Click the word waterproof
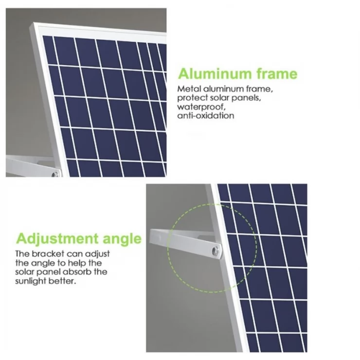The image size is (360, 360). click(x=198, y=107)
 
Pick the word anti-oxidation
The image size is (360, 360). click(x=206, y=116)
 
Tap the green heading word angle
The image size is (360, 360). click(x=122, y=239)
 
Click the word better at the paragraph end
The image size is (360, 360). click(x=63, y=281)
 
